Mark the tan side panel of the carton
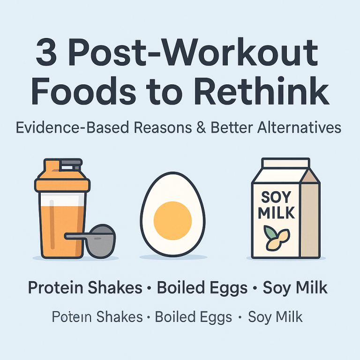pyautogui.click(x=309, y=216)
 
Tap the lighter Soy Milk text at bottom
pyautogui.click(x=275, y=317)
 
